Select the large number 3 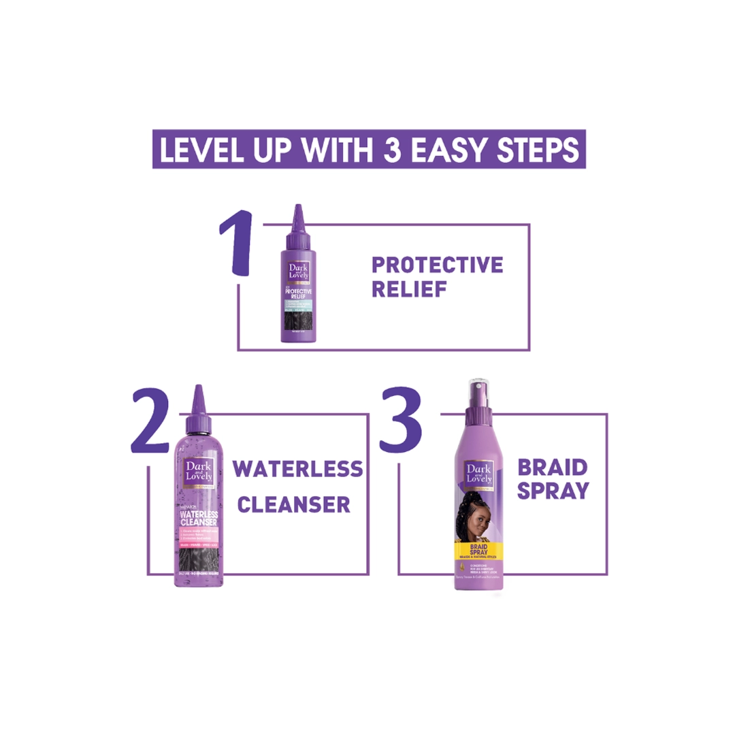click(401, 420)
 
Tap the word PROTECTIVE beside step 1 click(437, 265)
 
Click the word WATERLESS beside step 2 click(298, 469)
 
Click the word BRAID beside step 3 click(553, 468)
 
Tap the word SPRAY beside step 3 click(553, 491)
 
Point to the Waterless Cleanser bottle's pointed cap click(199, 406)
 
